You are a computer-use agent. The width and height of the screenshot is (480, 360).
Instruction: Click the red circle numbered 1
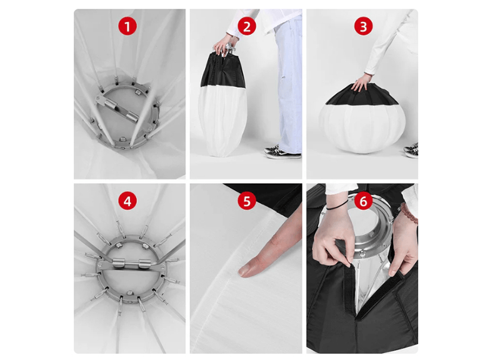(x=127, y=26)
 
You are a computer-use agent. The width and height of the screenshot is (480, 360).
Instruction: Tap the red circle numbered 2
(x=247, y=26)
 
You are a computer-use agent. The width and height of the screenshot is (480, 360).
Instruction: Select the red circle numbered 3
(x=363, y=26)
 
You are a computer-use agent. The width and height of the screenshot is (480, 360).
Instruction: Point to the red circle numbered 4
(x=127, y=201)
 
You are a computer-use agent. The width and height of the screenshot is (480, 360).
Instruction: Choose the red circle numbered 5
(x=247, y=201)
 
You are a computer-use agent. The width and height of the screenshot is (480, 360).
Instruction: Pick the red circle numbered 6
(x=363, y=201)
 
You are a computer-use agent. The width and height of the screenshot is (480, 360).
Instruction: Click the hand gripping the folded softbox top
(x=223, y=44)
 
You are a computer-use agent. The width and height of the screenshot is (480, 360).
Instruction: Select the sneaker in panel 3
(x=411, y=151)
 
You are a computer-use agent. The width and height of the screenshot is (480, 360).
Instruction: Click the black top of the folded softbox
(x=222, y=71)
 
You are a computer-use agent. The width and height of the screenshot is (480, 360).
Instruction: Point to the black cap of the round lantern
(x=362, y=96)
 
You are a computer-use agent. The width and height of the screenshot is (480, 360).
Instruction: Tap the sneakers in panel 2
(x=282, y=152)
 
